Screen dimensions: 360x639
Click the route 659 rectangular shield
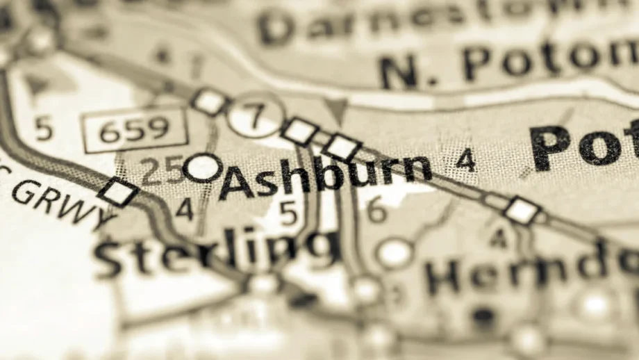(x=134, y=129)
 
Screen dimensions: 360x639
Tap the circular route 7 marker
(x=256, y=115)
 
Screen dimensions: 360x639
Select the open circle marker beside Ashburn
(x=204, y=167)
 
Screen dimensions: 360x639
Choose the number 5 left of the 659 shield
(x=44, y=129)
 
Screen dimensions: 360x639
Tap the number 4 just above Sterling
(x=184, y=209)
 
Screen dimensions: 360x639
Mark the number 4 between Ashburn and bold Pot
(x=465, y=161)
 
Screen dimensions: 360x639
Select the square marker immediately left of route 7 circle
(x=210, y=102)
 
